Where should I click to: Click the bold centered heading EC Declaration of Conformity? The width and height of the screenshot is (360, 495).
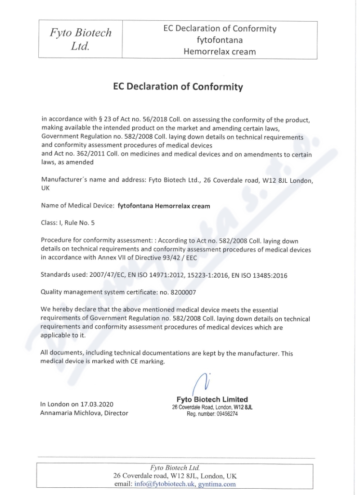pyautogui.click(x=178, y=86)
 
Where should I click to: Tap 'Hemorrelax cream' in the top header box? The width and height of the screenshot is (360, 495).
pyautogui.click(x=220, y=51)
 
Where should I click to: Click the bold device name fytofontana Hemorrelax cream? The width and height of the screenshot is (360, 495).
pyautogui.click(x=163, y=206)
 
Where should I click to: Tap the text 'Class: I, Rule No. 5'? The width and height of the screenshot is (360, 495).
pyautogui.click(x=68, y=222)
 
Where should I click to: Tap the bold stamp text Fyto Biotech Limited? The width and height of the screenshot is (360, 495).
pyautogui.click(x=212, y=399)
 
